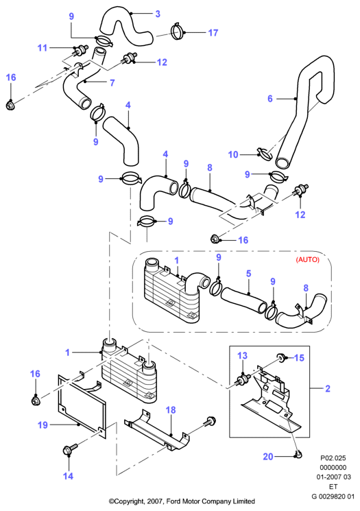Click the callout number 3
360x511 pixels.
[158, 14]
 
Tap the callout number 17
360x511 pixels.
[213, 33]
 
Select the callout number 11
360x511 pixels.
[43, 48]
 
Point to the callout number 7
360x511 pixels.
[112, 83]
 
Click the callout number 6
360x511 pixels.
[270, 98]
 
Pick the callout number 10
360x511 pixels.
[233, 154]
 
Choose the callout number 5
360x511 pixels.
[249, 274]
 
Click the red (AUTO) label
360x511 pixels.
[308, 260]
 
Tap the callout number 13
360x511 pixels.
[242, 355]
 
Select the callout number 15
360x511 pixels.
[299, 357]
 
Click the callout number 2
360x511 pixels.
[328, 388]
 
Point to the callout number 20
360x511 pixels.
[268, 457]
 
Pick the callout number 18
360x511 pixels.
[171, 410]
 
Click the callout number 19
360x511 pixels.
[43, 425]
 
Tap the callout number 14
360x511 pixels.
[68, 476]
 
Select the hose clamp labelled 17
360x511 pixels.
[178, 32]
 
